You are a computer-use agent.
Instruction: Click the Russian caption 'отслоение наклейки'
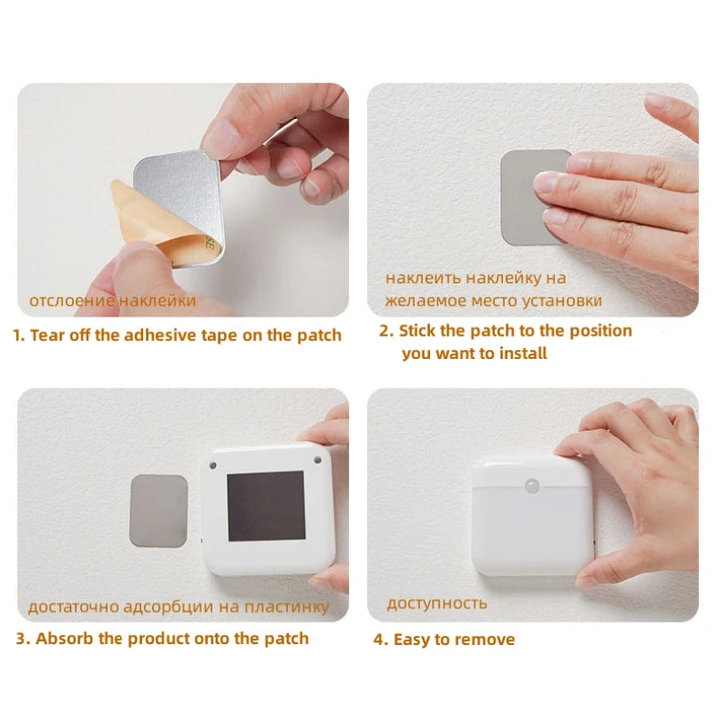(x=113, y=300)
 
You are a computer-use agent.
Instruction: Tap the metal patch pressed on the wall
(x=528, y=195)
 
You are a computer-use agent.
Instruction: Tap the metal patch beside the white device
(x=159, y=510)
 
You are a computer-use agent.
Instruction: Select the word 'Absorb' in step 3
(x=67, y=638)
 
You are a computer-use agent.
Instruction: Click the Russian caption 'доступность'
(x=437, y=603)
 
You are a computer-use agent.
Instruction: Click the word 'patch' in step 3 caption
(x=283, y=638)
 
